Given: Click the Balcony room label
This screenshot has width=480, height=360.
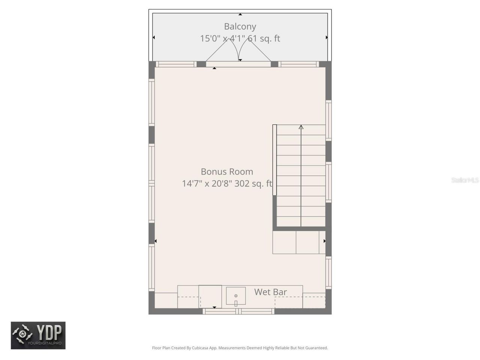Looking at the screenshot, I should coord(240,27).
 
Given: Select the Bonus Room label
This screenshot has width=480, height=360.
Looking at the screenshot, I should coord(227,172).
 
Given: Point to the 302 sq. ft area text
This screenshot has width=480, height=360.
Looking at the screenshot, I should coord(253,184).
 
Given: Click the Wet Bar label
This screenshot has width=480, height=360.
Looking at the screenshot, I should coord(270,292).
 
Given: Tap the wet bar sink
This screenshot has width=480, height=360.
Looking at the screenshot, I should coord(236,296).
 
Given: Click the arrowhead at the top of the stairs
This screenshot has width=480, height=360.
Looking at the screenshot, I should coord(301,127).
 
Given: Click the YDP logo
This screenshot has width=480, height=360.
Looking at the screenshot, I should coord(38,335).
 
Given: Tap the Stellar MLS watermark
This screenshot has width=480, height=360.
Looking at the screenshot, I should coord(465,180).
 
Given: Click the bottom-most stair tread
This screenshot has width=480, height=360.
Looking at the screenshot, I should coord(301,222).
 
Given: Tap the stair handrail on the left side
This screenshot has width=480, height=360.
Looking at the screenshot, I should coord(274,160).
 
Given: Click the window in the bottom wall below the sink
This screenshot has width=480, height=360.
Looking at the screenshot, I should coord(238,311).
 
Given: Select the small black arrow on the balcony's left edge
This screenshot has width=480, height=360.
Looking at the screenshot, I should coord(153,37).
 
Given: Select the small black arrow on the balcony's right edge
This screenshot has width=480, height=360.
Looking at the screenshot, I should coord(327,37).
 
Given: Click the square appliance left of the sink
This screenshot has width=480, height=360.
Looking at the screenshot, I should coord(210,296).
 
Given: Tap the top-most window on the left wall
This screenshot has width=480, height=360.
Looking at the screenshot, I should coord(151,102).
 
